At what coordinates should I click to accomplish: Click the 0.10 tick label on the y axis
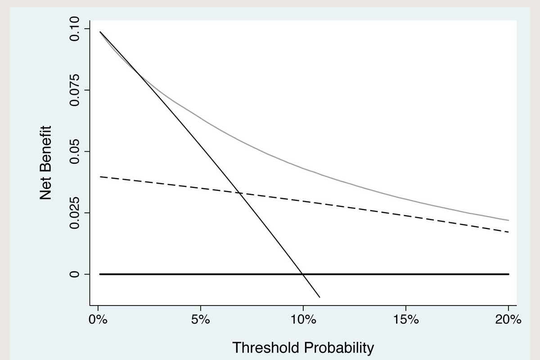click(74, 29)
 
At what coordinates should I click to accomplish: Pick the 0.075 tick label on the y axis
click(74, 90)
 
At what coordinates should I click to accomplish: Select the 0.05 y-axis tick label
click(74, 152)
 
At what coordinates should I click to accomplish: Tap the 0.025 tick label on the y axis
click(74, 213)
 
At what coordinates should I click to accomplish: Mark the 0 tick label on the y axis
click(74, 274)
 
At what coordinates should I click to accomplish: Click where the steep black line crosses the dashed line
click(240, 193)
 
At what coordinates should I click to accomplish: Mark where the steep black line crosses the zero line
click(303, 274)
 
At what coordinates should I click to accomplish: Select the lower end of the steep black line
click(319, 297)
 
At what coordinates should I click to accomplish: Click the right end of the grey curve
click(508, 220)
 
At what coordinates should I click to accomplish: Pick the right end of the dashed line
click(508, 232)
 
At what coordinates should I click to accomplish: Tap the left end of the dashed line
click(100, 177)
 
